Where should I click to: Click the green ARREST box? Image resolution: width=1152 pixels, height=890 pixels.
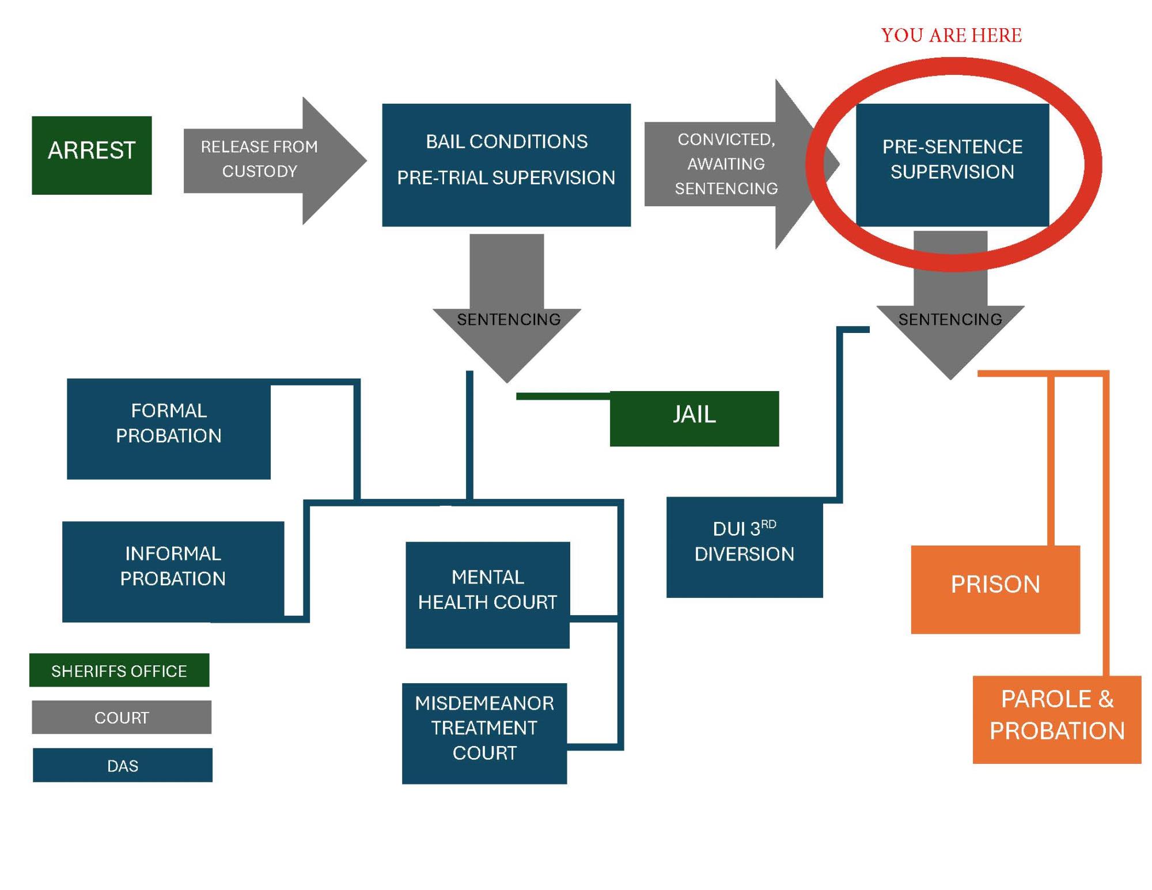pos(92,155)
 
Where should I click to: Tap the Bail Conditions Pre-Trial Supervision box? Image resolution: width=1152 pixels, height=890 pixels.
pos(506,165)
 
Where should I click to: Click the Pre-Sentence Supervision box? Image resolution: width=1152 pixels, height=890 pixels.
pos(952,164)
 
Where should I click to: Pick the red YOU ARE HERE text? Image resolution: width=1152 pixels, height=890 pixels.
pos(951,36)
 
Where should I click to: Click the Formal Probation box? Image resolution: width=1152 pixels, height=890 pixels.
pos(169,429)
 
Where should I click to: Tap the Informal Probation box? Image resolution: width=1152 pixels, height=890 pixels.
pos(173,571)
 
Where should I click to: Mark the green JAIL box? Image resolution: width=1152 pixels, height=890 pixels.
pos(694,419)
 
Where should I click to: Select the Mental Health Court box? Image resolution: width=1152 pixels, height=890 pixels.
pos(487,594)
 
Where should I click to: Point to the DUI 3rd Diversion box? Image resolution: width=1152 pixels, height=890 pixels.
pos(744,547)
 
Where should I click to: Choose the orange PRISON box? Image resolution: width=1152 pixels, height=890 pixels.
pos(995,589)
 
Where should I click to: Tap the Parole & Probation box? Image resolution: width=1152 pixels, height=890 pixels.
pos(1056,719)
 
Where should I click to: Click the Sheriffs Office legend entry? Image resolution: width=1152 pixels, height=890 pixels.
pos(119,670)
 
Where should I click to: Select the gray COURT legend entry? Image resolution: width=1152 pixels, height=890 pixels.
pos(122,717)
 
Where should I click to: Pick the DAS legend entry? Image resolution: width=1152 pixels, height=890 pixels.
pos(123,765)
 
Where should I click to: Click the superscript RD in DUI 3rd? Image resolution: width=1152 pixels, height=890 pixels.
pos(768,525)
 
